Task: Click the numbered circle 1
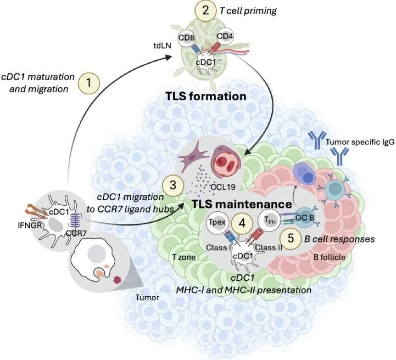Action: (89, 83)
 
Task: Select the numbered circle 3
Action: (173, 186)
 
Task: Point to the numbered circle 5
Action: (291, 238)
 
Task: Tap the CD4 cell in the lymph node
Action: (225, 36)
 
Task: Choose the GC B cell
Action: (305, 218)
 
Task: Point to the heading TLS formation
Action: (206, 96)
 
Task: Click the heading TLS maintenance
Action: (242, 204)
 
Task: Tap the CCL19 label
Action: (223, 187)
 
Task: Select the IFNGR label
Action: (30, 225)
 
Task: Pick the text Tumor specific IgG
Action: (360, 142)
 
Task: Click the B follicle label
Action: (329, 257)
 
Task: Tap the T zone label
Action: (184, 257)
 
